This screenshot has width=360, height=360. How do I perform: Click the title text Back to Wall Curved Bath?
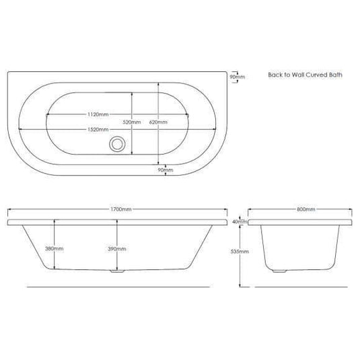[305, 75]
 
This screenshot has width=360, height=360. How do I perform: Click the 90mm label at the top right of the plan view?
[238, 77]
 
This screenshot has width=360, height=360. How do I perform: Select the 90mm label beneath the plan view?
[166, 170]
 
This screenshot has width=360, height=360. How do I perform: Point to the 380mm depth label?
[55, 248]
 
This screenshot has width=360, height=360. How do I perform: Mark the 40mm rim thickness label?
[238, 221]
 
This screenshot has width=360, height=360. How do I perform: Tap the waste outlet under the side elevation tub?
[118, 273]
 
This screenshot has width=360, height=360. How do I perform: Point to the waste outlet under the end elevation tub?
[279, 272]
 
